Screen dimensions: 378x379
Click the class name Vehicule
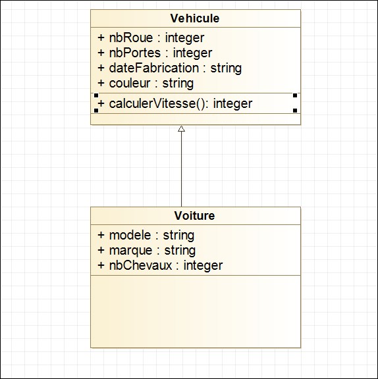[195, 18]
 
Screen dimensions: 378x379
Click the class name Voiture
[194, 216]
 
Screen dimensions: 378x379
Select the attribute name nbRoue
[131, 38]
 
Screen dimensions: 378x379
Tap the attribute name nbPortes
[135, 53]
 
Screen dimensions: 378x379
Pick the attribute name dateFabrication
[154, 68]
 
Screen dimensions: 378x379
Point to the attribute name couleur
[130, 83]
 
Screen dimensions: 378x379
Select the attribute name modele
[130, 235]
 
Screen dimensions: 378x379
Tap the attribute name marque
[131, 251]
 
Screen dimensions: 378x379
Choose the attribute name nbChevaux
[140, 265]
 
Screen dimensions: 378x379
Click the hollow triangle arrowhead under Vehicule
[181, 129]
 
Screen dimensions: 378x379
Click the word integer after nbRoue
[185, 38]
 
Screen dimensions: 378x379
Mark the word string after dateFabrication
[226, 68]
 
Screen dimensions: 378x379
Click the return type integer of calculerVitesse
[232, 104]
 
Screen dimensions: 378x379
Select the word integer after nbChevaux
[203, 266]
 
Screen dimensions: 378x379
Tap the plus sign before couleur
[101, 83]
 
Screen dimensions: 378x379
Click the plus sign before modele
[101, 235]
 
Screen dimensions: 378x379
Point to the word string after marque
[180, 251]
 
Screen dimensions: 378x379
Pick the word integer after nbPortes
[192, 53]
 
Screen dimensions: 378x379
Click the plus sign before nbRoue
[101, 38]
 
